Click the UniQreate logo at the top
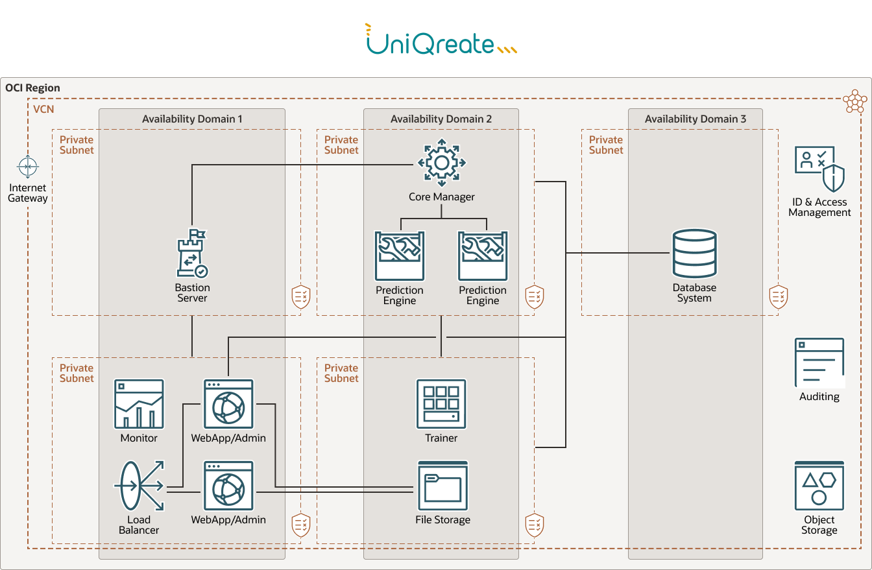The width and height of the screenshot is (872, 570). pyautogui.click(x=441, y=40)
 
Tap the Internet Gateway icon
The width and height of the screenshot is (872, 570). pyautogui.click(x=28, y=167)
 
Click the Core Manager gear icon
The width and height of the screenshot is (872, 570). pyautogui.click(x=441, y=162)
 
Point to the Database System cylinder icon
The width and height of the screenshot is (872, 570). pyautogui.click(x=694, y=254)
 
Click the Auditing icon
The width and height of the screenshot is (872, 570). pyautogui.click(x=819, y=362)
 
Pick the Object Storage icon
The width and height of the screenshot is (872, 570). pyautogui.click(x=819, y=486)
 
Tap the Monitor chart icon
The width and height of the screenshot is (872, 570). pyautogui.click(x=139, y=404)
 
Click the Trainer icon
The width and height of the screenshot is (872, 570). pyautogui.click(x=441, y=404)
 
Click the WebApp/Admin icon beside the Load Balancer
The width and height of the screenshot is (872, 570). pyautogui.click(x=228, y=486)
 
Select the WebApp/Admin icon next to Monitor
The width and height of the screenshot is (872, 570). pyautogui.click(x=228, y=404)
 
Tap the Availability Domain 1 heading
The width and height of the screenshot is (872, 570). pyautogui.click(x=192, y=119)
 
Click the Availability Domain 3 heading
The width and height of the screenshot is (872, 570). pyautogui.click(x=695, y=119)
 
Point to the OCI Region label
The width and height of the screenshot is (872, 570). pyautogui.click(x=32, y=88)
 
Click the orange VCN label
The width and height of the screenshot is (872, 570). pyautogui.click(x=43, y=110)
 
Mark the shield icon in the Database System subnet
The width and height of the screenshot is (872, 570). pyautogui.click(x=778, y=296)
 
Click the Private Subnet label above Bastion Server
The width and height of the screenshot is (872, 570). pyautogui.click(x=77, y=145)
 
